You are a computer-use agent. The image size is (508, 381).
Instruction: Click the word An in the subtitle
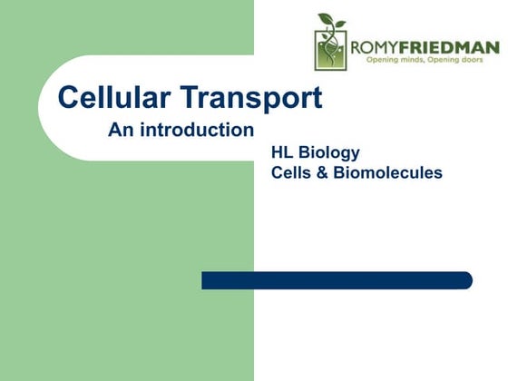121,130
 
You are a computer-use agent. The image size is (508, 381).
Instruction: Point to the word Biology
329,152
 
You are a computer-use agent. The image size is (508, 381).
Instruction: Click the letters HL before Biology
283,152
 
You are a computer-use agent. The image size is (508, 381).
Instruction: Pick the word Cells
292,172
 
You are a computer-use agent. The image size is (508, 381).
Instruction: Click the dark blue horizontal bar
336,280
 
